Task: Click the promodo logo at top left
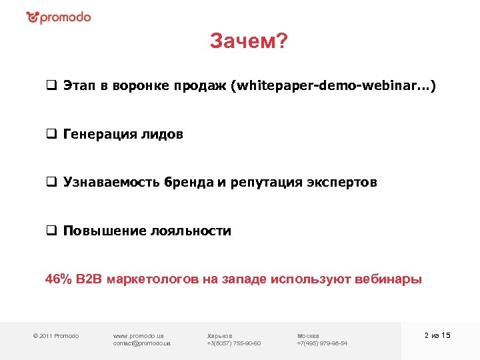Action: [x=59, y=17]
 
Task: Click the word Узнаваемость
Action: [x=109, y=183]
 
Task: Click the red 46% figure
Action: [x=58, y=279]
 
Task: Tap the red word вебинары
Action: [x=387, y=279]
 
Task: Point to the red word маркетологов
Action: [x=143, y=279]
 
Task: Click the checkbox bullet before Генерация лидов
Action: [x=51, y=135]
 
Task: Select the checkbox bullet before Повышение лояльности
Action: [x=51, y=231]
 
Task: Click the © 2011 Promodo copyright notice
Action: [x=57, y=335]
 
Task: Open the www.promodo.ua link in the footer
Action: [x=139, y=335]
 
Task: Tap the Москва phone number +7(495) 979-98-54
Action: [x=322, y=343]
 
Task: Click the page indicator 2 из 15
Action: [x=437, y=335]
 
